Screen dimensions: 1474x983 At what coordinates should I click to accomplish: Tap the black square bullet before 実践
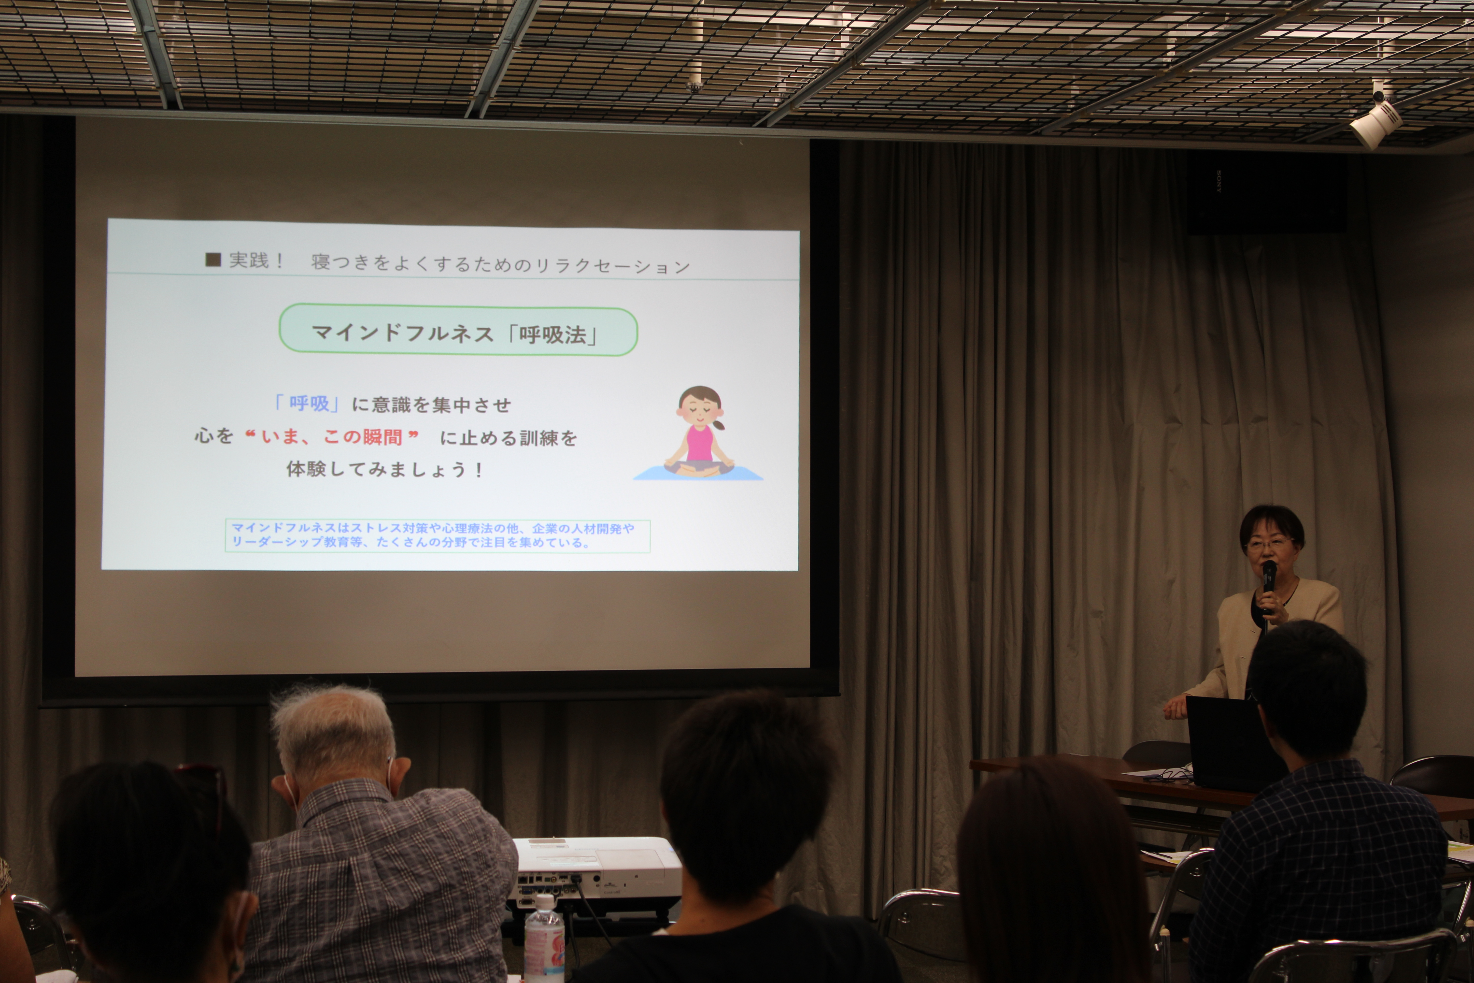coord(213,260)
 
